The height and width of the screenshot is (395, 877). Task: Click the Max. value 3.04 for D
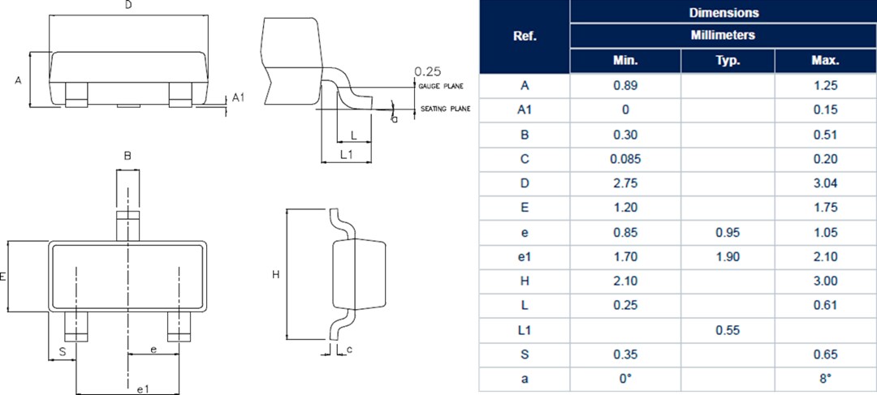coord(825,183)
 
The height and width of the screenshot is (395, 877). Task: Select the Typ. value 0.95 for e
coord(728,233)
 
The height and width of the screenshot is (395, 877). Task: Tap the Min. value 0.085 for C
coord(625,159)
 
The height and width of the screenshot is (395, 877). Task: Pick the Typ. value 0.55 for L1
coord(728,331)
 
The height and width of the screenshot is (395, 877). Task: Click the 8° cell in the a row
coord(825,379)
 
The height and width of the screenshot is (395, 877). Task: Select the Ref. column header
coord(524,36)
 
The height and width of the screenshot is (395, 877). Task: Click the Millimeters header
coord(723,36)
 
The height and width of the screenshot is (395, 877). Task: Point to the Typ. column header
coord(728,61)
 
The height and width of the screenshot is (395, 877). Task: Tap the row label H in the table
coord(524,281)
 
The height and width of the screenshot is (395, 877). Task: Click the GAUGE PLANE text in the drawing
coord(440,86)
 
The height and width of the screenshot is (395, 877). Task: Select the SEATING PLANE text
coord(444,109)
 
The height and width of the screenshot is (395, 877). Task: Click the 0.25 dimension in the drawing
coord(428,72)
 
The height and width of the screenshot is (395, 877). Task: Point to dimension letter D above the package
coord(128,6)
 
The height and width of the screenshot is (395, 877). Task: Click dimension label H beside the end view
coord(276,276)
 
